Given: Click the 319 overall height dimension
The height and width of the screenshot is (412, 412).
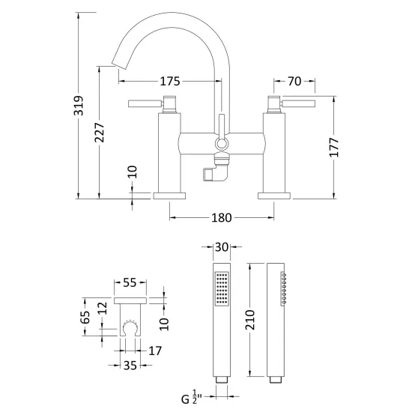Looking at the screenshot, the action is click(x=79, y=106).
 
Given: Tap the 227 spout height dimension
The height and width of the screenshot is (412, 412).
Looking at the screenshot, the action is click(x=100, y=132).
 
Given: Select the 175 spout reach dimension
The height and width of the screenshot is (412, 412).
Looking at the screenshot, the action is click(x=170, y=82).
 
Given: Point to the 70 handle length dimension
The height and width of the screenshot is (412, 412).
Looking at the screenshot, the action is click(x=294, y=81).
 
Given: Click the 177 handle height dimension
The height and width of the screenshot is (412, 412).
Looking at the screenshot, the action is click(x=334, y=147).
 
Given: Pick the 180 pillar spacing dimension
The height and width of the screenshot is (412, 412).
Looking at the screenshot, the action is click(x=222, y=218).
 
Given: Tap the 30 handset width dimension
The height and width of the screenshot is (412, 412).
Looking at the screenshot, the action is click(x=222, y=247).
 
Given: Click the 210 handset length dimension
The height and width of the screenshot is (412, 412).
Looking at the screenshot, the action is click(x=250, y=320).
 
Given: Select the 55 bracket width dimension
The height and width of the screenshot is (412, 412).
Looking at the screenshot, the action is click(x=130, y=282).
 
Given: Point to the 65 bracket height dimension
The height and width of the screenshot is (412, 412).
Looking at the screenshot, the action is click(x=85, y=317).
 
